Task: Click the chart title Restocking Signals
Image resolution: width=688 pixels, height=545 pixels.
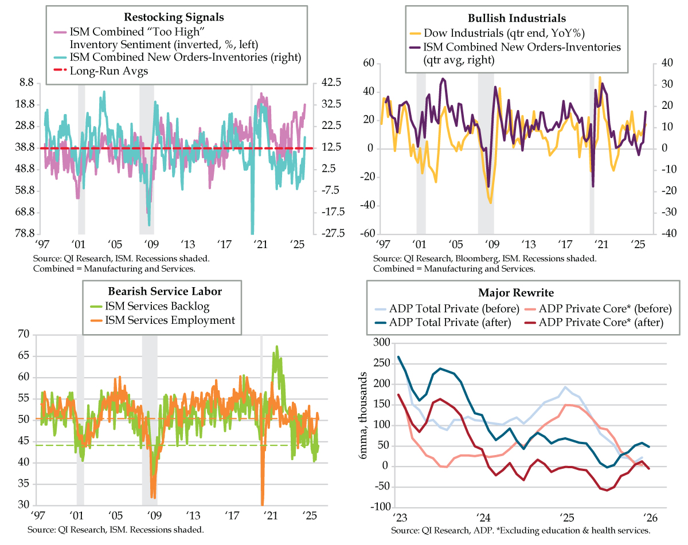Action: [174, 17]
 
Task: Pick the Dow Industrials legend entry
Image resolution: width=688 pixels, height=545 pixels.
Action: [487, 33]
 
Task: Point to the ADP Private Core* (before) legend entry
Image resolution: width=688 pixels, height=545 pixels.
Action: [599, 308]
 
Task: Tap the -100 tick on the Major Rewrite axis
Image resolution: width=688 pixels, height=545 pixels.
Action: [377, 507]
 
